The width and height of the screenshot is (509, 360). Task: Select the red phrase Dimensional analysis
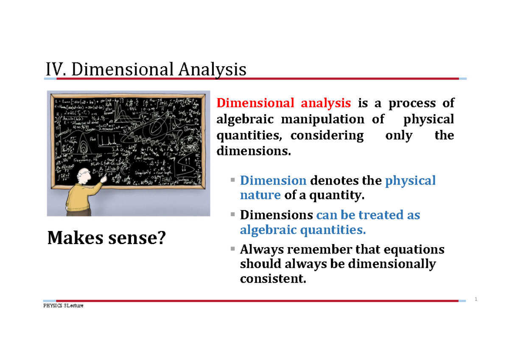283,103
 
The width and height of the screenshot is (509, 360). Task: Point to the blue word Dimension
273,180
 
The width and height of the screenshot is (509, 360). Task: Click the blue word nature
260,195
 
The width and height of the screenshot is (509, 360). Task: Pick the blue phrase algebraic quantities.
302,230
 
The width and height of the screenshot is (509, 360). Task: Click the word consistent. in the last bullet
272,279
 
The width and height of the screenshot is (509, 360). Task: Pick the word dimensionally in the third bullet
391,264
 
